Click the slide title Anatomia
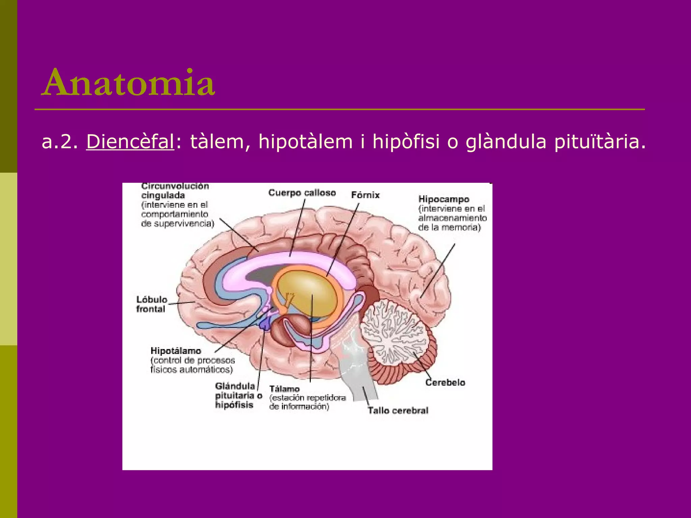tap(128, 83)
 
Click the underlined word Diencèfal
tap(130, 142)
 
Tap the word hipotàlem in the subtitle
tap(305, 142)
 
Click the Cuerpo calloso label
tap(302, 193)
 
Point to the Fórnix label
tap(365, 195)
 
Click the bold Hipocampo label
tap(444, 199)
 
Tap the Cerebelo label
tap(445, 382)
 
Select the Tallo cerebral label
tap(398, 410)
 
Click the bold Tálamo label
tap(284, 389)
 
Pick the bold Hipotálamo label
tap(176, 351)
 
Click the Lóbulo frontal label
tap(151, 304)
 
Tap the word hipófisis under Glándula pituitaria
tap(234, 405)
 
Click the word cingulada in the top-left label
tap(163, 195)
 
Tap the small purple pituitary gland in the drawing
tap(265, 324)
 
